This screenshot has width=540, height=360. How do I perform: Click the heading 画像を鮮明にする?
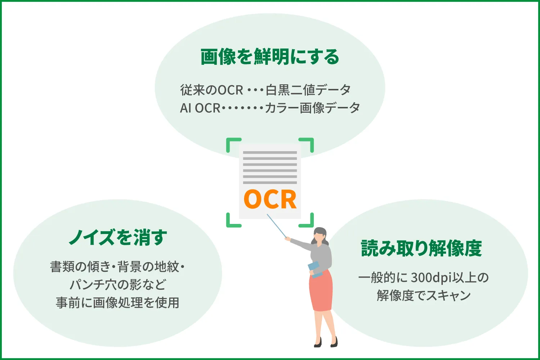(x=270, y=57)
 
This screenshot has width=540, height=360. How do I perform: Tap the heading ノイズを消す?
(x=118, y=238)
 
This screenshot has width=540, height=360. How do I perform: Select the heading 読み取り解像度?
(x=421, y=248)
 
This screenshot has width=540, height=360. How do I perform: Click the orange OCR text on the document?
(x=270, y=199)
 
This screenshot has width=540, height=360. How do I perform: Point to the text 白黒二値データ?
(x=308, y=90)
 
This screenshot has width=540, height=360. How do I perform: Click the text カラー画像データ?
(x=312, y=108)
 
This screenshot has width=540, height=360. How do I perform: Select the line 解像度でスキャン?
(x=424, y=296)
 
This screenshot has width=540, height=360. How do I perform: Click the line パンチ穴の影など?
(x=118, y=284)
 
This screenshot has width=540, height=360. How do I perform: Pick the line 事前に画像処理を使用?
(x=118, y=302)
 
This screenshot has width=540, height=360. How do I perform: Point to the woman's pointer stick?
(x=276, y=226)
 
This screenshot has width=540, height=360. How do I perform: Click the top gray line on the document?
(x=270, y=153)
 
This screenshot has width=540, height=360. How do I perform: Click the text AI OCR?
(x=200, y=108)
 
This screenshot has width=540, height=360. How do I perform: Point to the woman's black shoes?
(x=326, y=342)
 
